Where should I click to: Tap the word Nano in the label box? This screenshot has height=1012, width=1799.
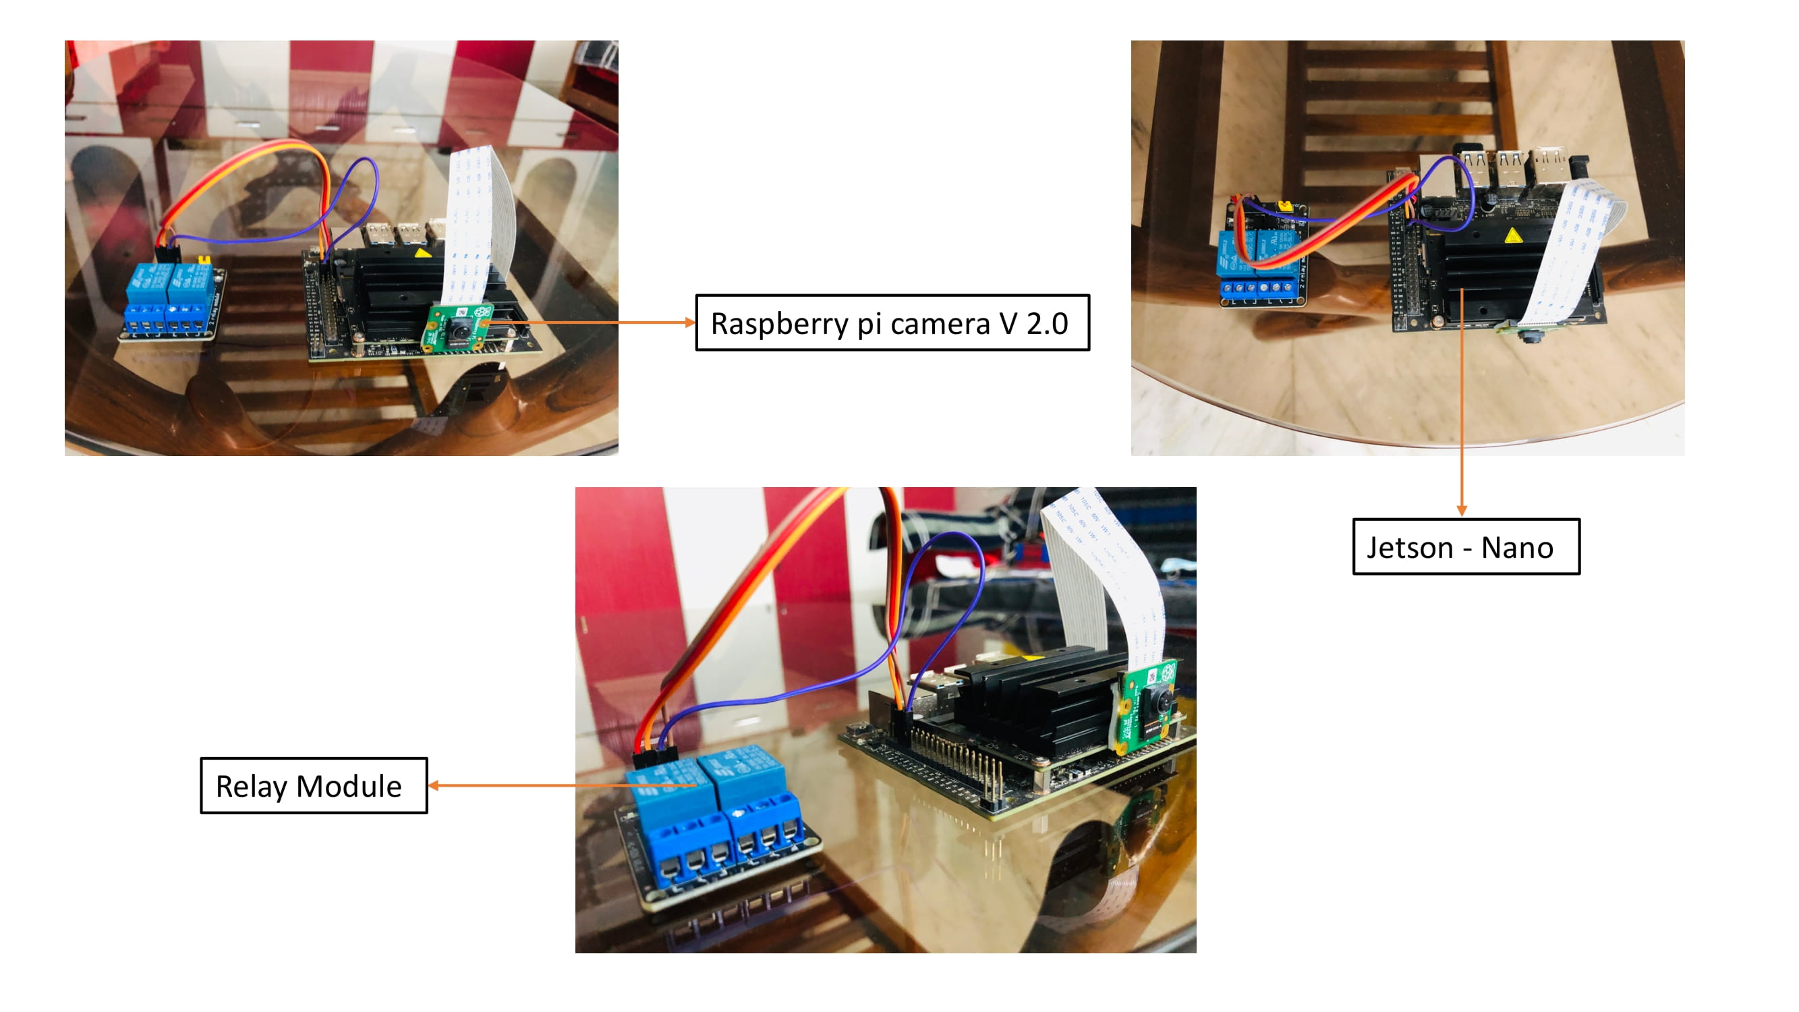[x=1517, y=549]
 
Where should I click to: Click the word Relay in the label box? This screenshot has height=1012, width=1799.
[x=251, y=787]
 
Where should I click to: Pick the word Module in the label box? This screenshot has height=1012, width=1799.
[x=349, y=787]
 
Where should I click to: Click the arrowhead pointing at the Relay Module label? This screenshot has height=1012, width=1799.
[x=434, y=786]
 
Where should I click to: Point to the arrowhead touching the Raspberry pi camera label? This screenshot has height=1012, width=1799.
[x=690, y=322]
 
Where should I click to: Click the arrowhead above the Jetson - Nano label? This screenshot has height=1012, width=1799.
[x=1462, y=511]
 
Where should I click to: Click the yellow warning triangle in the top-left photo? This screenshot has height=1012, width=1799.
[x=422, y=253]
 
